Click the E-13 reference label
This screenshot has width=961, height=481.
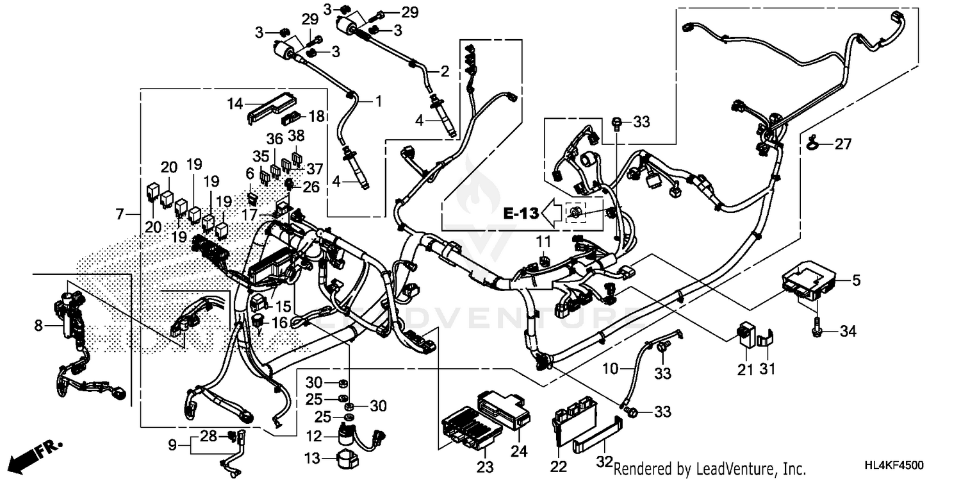[518, 214]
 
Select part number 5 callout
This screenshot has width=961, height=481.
[857, 280]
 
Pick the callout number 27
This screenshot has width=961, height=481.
[844, 145]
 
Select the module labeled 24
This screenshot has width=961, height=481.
[505, 408]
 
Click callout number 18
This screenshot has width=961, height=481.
[316, 116]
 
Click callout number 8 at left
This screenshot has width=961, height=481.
[38, 326]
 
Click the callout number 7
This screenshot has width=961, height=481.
[119, 214]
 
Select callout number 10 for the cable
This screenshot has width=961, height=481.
[611, 369]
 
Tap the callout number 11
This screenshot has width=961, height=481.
[543, 242]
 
